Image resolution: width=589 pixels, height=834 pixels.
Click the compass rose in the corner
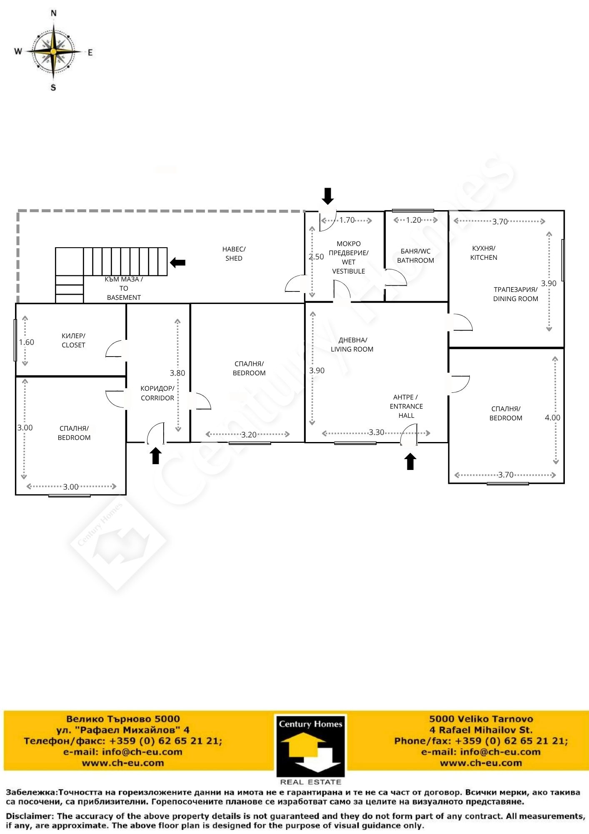pos(53,51)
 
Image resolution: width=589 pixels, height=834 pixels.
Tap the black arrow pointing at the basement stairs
pos(178,262)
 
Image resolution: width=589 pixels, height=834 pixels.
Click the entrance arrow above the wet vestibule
pos(328,196)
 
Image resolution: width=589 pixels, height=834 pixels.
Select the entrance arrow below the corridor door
pos(156,455)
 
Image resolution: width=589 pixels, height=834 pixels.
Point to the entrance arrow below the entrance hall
pos(410,462)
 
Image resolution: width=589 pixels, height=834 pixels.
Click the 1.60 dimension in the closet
pos(26,342)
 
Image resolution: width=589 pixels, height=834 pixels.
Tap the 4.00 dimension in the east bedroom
pos(552,417)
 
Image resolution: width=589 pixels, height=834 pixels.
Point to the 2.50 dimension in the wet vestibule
pos(316,257)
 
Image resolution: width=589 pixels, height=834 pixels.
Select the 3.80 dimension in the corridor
pos(177,373)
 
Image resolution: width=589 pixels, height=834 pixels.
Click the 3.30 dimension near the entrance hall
pos(376,432)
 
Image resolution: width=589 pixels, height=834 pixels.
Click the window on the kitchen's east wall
pos(563,260)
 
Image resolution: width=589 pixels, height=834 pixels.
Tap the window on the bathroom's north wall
pos(413,211)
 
